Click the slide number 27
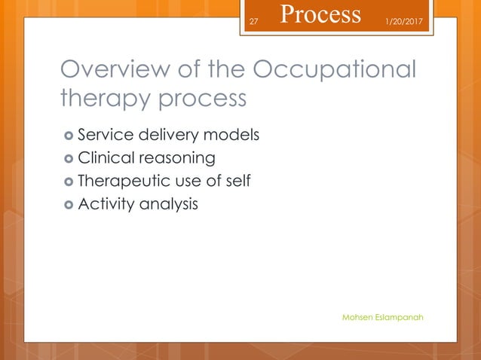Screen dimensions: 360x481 pyautogui.click(x=253, y=21)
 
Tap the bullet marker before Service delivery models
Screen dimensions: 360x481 pyautogui.click(x=68, y=136)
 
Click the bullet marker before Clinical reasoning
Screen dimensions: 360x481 pyautogui.click(x=68, y=158)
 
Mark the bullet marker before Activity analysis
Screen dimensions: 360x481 pyautogui.click(x=68, y=203)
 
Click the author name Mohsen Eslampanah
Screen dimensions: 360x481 pyautogui.click(x=382, y=317)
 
